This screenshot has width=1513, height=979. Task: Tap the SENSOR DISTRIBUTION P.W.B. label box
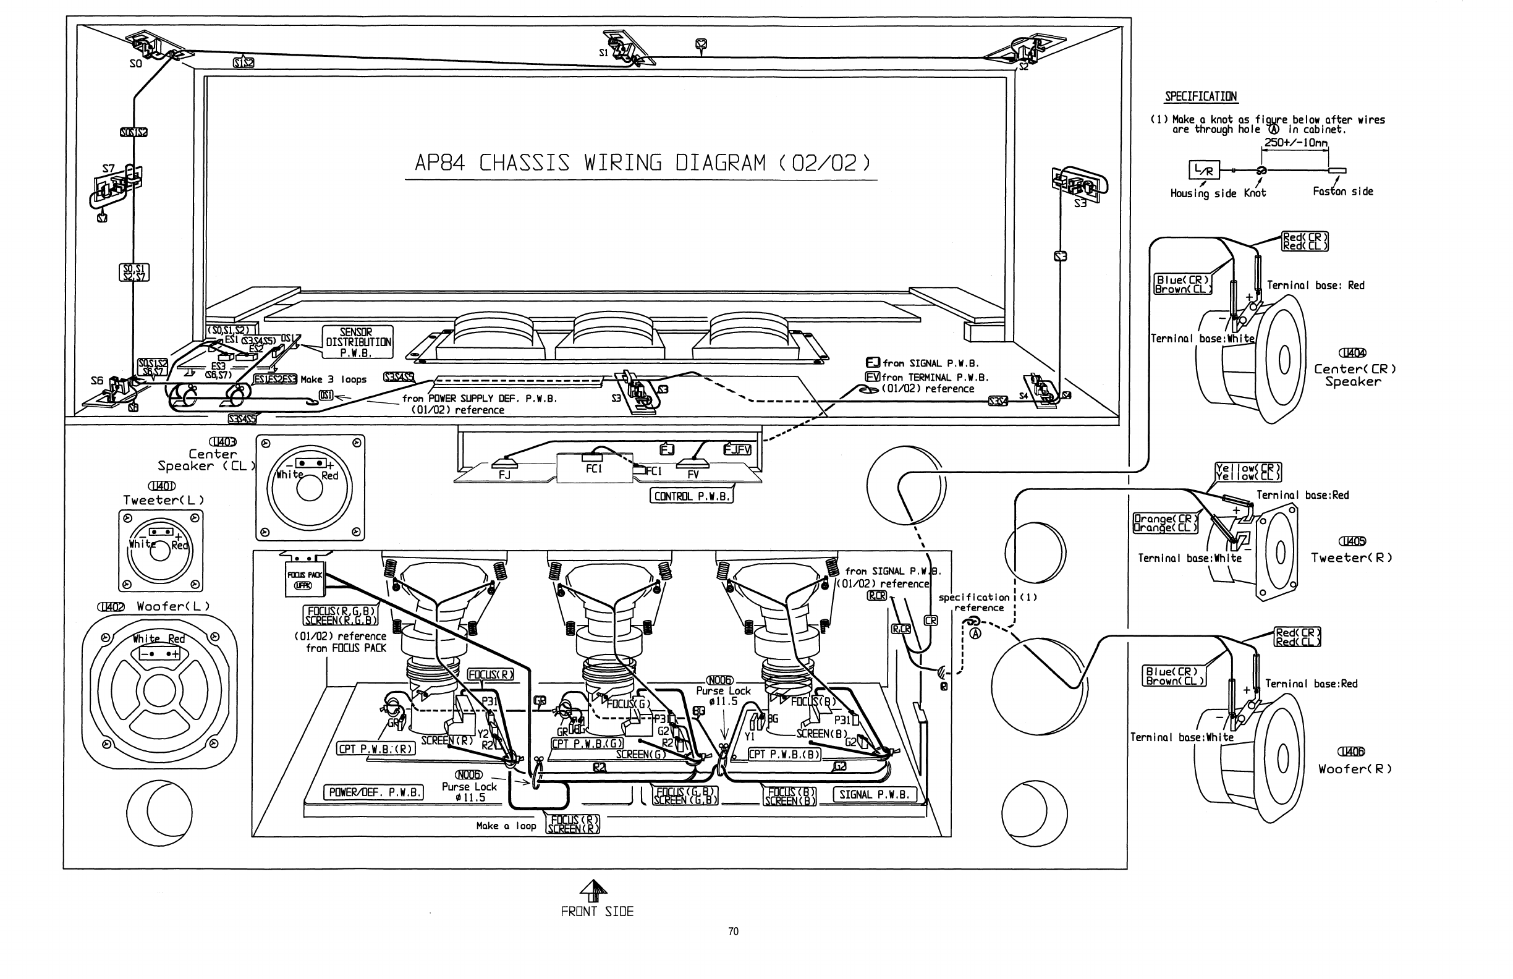coord(357,342)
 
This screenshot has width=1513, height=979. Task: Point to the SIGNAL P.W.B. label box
coord(873,795)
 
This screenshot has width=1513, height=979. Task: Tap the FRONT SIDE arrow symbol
coord(593,891)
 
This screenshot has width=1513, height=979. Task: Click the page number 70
coord(733,931)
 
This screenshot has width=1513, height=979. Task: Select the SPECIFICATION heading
coord(1200,96)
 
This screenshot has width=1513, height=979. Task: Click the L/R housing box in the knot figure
coord(1204,170)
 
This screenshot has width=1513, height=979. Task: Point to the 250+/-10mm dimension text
coord(1295,143)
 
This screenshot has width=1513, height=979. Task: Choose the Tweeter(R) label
coord(1352,557)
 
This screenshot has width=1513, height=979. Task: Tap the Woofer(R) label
coord(1355,769)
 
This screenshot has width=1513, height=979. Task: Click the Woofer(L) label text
coord(173,606)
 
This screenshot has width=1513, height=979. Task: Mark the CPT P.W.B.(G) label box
coord(587,744)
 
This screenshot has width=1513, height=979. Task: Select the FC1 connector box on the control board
coord(594,468)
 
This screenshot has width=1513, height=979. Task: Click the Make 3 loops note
coord(333,379)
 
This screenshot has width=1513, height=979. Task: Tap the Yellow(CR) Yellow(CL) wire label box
coord(1248,472)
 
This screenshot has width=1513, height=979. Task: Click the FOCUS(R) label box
coord(490,674)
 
